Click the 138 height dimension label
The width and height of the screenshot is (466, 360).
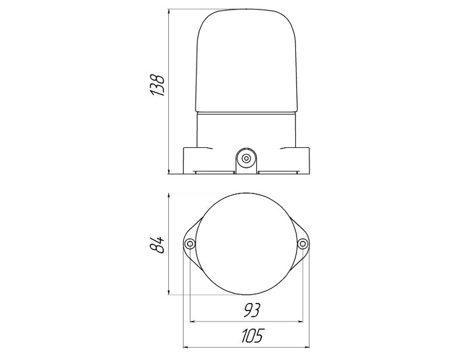tap(157, 85)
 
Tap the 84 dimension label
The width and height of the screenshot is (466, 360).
tap(157, 245)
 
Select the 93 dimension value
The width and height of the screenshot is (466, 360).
tap(252, 310)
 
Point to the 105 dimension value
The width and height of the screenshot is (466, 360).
tap(252, 336)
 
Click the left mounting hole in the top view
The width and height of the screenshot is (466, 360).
tap(190, 244)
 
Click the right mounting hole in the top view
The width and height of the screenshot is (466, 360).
tap(302, 244)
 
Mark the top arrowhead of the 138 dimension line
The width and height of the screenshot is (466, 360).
tap(169, 12)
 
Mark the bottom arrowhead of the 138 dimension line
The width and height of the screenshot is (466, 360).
tap(169, 171)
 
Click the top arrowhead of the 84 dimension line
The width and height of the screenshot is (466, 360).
tap(169, 196)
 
